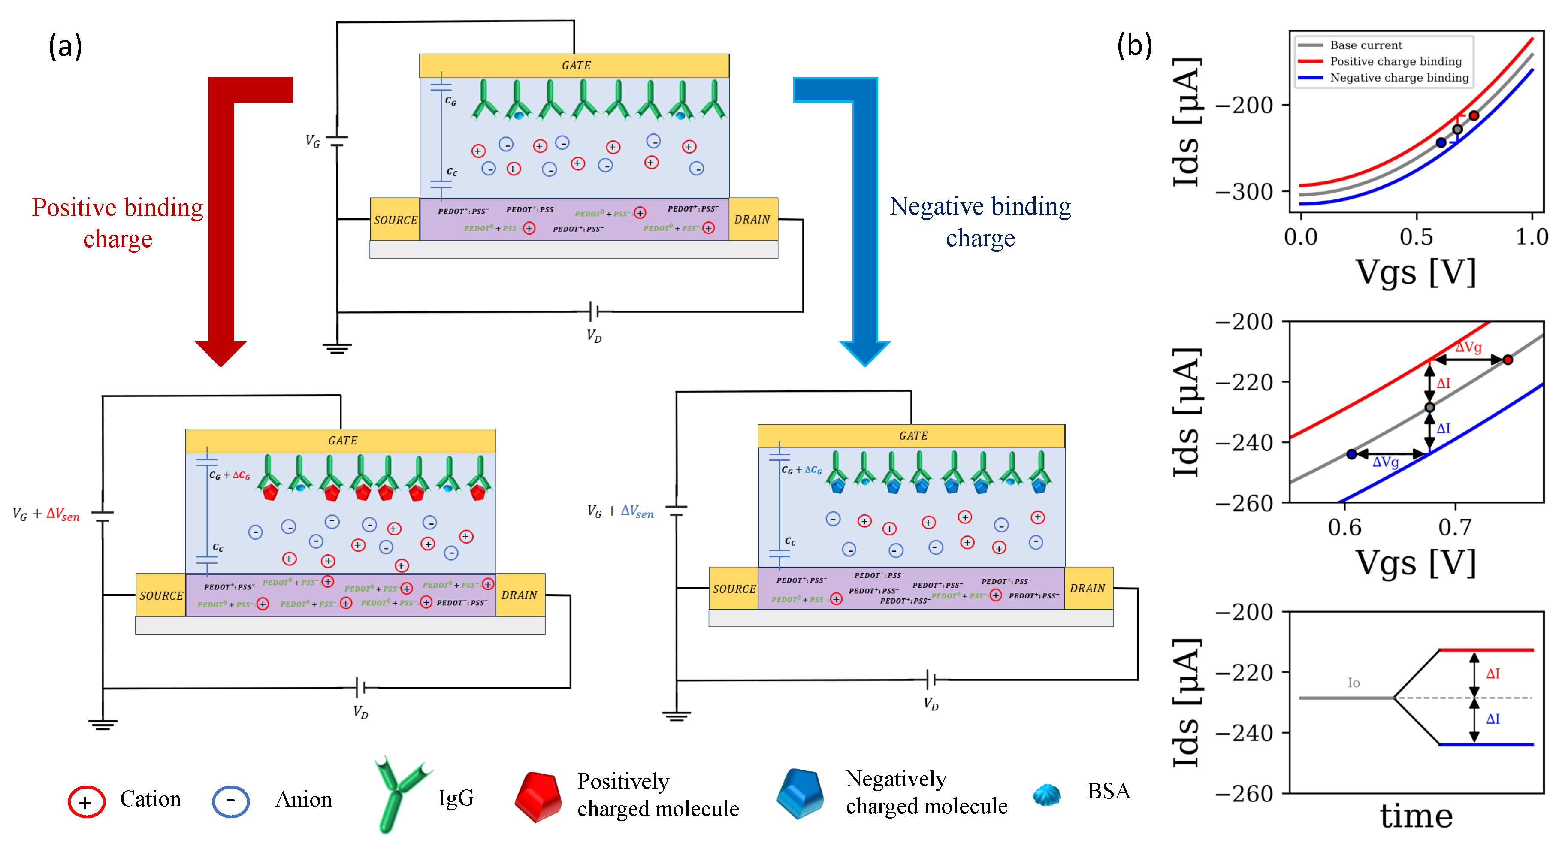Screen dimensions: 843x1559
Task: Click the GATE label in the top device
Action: (576, 65)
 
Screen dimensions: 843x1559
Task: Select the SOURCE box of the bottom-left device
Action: (160, 595)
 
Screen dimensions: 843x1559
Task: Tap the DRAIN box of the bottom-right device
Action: (1088, 588)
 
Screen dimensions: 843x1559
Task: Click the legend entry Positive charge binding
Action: (1395, 61)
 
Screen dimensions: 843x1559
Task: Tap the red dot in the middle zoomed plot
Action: (1508, 360)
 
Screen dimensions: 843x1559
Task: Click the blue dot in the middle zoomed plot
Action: (1351, 454)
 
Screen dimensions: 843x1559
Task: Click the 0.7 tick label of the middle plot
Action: (1454, 528)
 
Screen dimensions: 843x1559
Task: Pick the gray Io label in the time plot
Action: (1354, 683)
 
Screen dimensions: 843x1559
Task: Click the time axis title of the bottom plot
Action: (1416, 816)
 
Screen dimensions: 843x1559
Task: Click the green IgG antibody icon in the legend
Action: (399, 793)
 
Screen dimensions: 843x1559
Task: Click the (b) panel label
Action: (1134, 45)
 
